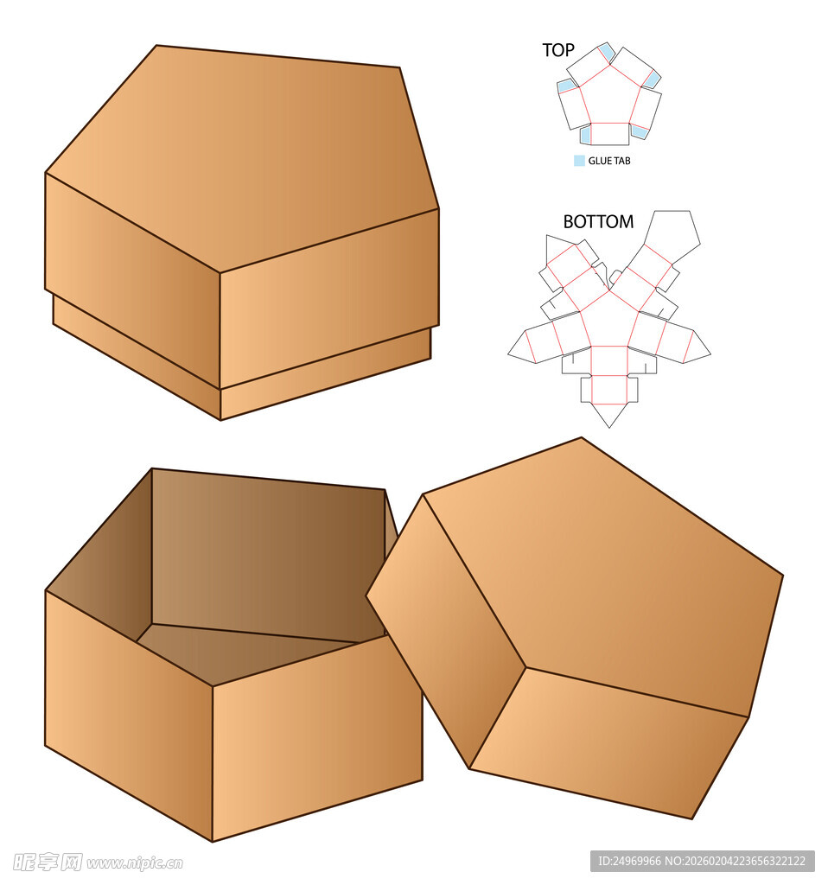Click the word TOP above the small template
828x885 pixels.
tap(558, 50)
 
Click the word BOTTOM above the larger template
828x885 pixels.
tap(598, 222)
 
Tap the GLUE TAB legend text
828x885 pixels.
tap(609, 161)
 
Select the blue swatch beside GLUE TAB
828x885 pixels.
tap(579, 161)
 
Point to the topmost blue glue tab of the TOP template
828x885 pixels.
tap(606, 52)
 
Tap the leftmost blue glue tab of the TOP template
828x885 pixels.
tap(567, 86)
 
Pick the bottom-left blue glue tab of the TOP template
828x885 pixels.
tap(585, 134)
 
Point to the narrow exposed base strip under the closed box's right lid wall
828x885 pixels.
tap(325, 374)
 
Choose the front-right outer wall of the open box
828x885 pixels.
tap(318, 738)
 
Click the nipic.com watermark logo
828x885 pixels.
tap(98, 863)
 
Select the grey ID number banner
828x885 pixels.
tap(703, 862)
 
